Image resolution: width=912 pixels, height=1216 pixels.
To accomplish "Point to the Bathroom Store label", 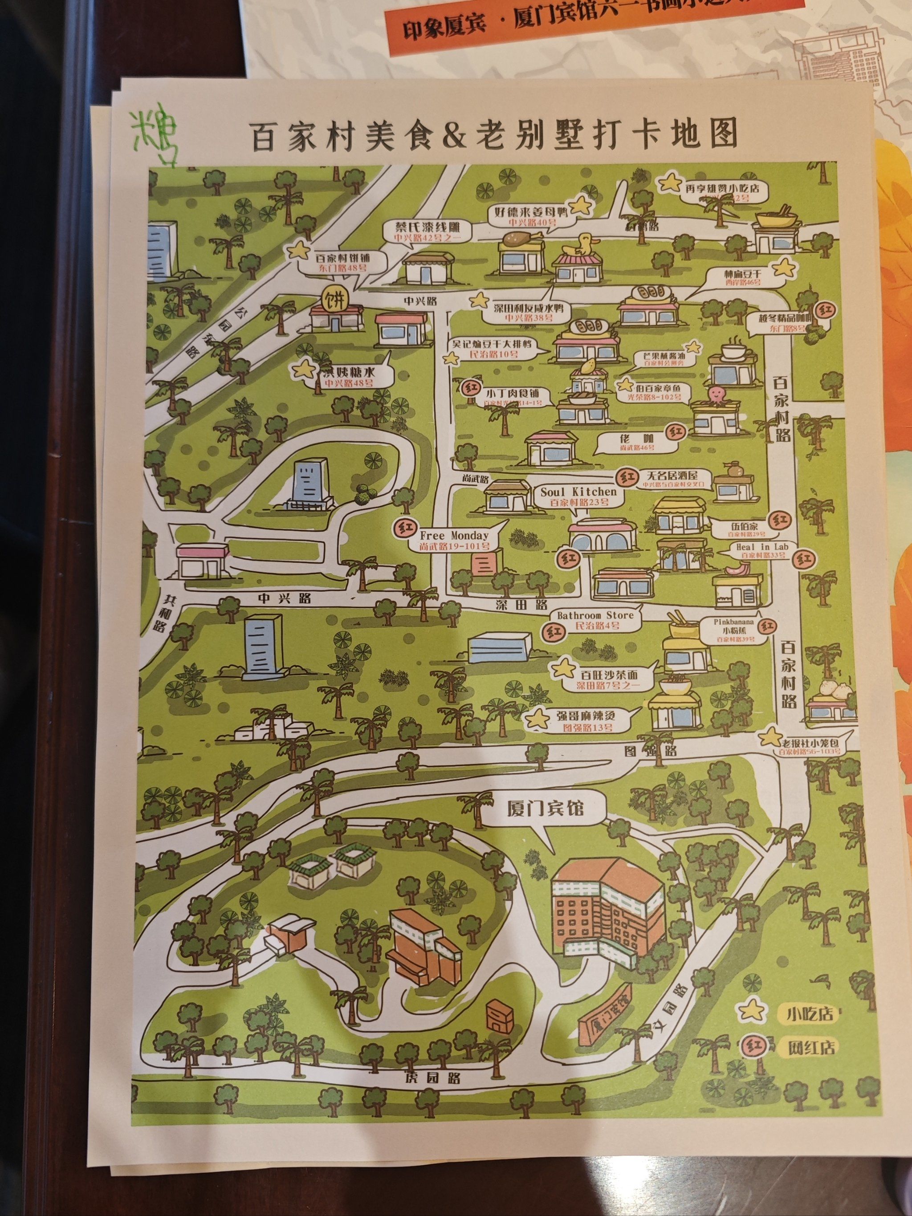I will pos(595,619).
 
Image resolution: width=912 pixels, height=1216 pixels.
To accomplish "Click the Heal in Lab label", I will pos(762,550).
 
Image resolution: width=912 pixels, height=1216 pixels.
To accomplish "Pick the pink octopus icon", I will pos(714,394).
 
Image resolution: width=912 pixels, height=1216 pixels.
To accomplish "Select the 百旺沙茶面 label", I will pos(609,679).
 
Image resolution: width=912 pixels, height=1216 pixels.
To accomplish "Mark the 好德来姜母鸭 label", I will pos(529,216).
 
